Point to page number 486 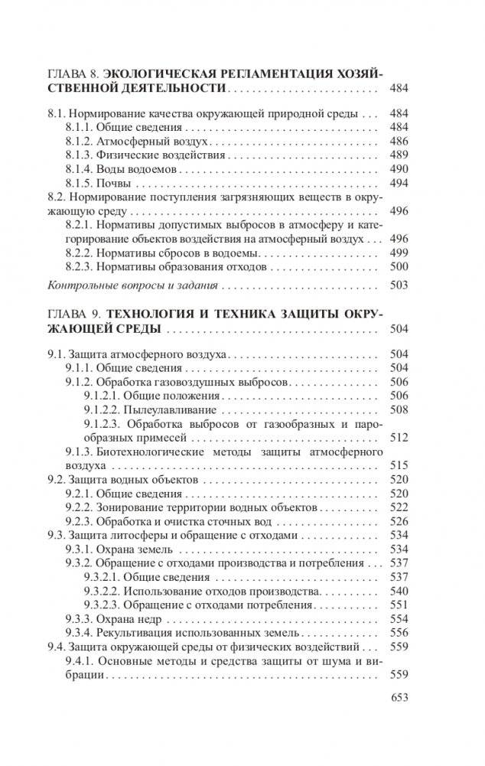tap(399, 142)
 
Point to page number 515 tap(399, 465)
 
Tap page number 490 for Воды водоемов tap(399, 169)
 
